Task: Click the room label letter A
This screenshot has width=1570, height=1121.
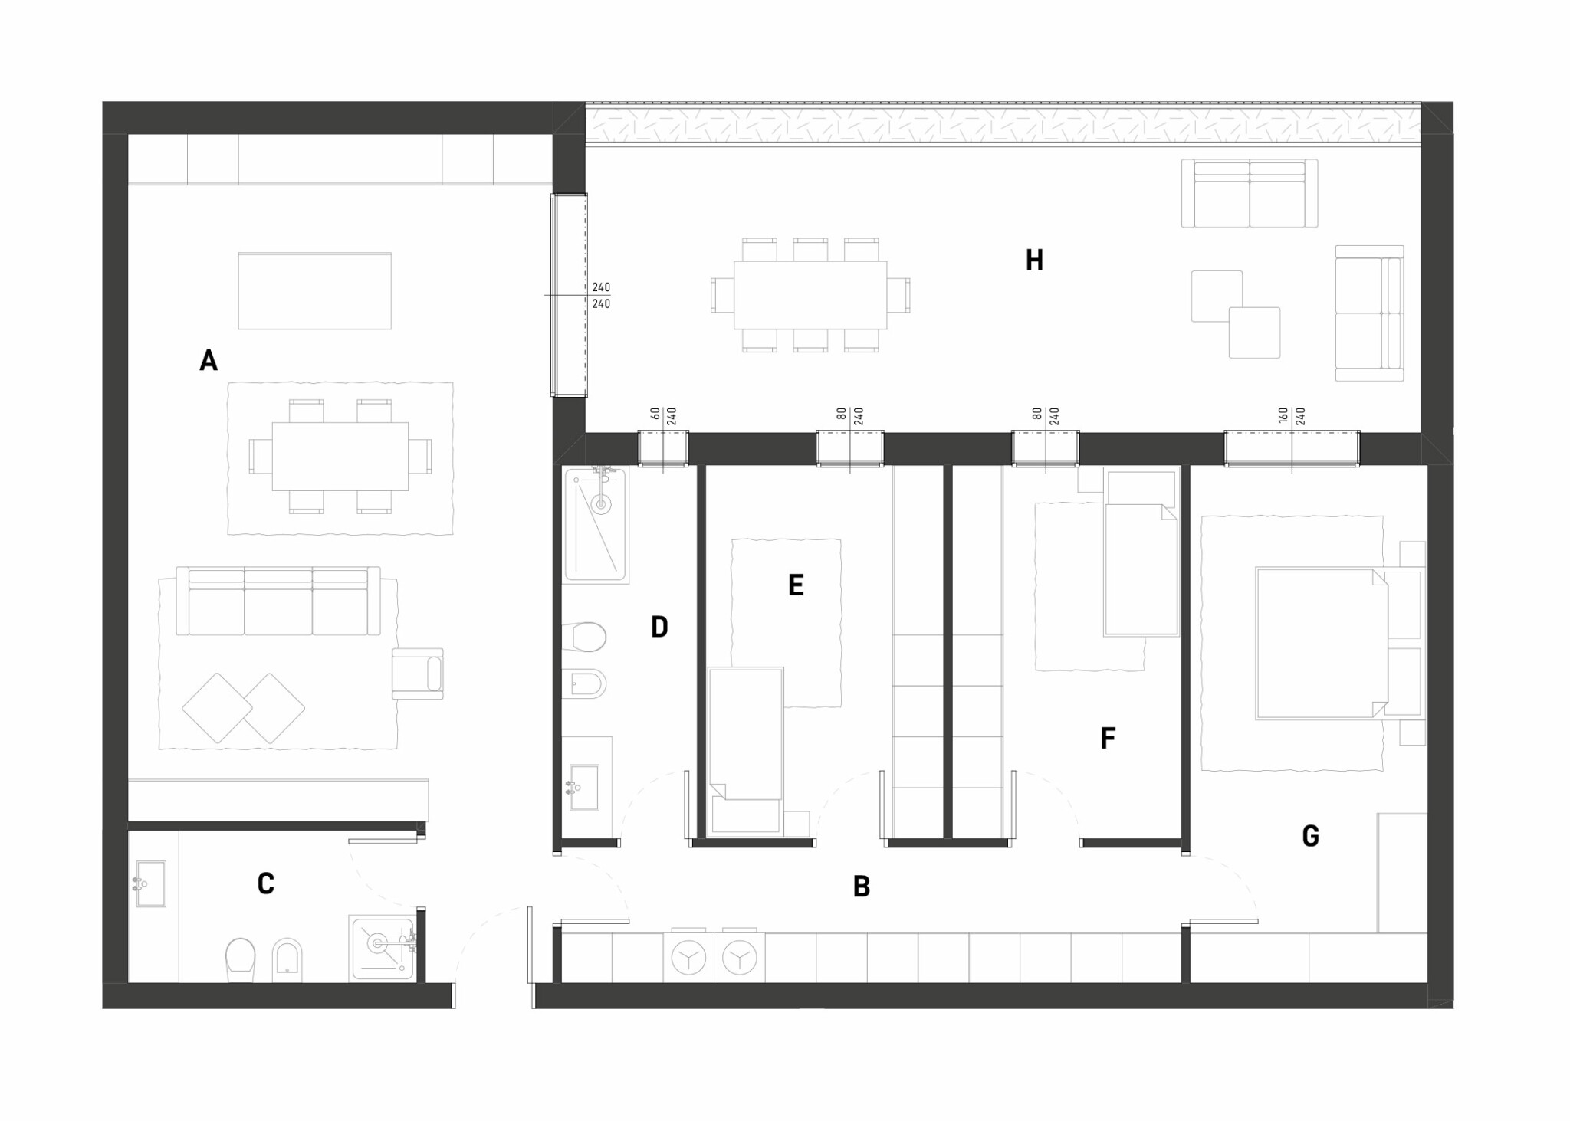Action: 209,359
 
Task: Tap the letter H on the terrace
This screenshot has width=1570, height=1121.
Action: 1034,261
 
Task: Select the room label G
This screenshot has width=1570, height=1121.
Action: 1311,836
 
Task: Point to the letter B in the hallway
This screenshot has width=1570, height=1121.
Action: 862,887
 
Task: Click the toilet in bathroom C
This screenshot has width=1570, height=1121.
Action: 240,959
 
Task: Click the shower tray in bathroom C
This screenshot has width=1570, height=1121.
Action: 383,948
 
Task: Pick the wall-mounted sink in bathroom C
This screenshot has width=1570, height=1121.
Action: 150,883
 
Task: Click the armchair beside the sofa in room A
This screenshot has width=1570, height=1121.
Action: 418,674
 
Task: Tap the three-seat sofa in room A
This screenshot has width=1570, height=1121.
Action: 278,601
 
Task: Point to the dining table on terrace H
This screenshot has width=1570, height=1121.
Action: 810,295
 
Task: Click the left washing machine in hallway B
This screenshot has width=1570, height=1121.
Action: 688,956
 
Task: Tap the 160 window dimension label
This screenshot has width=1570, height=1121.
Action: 1283,416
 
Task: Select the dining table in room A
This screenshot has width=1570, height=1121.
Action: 340,456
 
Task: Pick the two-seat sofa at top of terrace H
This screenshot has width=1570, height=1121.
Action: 1250,193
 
